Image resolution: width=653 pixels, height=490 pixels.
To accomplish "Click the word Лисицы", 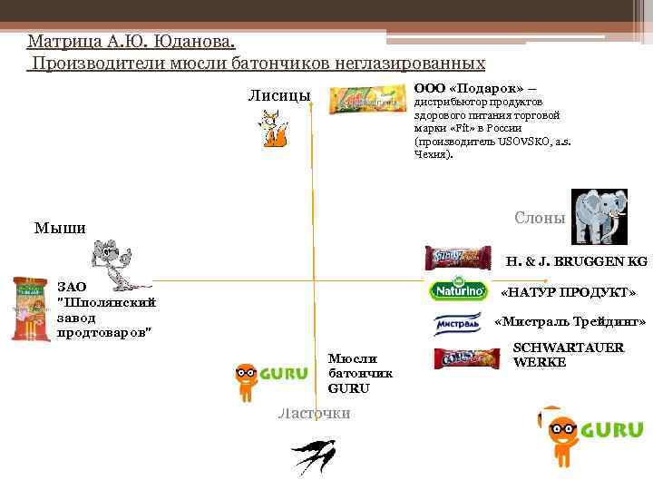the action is click(279, 95).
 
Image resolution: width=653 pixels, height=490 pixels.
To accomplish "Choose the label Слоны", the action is click(540, 218).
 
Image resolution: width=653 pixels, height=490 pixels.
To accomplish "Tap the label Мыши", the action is click(60, 228).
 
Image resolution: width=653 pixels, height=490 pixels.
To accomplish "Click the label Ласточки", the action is click(314, 413).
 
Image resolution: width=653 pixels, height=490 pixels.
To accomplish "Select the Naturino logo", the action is click(452, 290).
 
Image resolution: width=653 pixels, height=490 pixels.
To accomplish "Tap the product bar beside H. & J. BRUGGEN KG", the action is click(458, 258).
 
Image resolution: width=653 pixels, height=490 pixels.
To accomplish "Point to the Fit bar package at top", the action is click(366, 99).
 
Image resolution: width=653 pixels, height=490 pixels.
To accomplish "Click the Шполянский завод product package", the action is click(30, 309).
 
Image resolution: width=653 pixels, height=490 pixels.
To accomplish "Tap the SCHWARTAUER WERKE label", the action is click(569, 355).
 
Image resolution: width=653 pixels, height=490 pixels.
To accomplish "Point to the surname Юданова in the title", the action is click(193, 42).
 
